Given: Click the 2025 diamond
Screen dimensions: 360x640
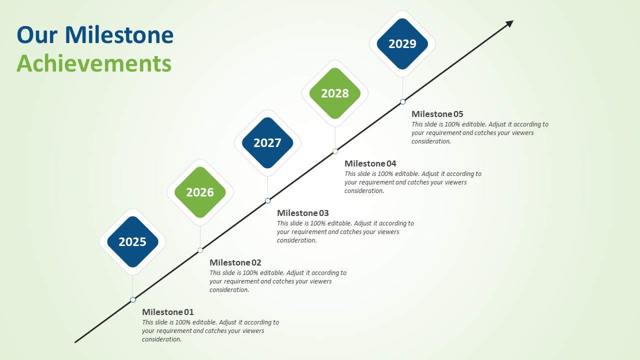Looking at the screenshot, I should (x=132, y=242).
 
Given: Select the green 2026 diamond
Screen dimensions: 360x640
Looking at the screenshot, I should (x=200, y=192).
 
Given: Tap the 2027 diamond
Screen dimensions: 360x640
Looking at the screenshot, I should (x=267, y=143).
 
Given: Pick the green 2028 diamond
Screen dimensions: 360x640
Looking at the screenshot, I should (x=335, y=93).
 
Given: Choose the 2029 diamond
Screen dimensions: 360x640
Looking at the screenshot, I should (x=402, y=44).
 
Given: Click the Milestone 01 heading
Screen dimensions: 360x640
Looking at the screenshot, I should (x=167, y=312).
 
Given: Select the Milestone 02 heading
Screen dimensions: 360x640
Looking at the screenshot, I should (x=235, y=262).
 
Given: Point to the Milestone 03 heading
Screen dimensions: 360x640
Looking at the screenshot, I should (x=302, y=213).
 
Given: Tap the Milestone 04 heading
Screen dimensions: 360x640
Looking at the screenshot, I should (x=370, y=163).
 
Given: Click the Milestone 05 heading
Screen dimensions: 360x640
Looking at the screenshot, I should (x=437, y=114).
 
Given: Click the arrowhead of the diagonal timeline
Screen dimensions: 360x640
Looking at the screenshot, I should (x=509, y=23).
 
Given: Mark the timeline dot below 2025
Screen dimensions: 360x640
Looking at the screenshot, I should (x=133, y=300).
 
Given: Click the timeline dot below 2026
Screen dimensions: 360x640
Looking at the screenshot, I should (x=200, y=250).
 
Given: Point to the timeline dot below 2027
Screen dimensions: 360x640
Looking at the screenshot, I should (x=267, y=200).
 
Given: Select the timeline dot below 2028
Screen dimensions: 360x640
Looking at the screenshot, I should (x=335, y=151).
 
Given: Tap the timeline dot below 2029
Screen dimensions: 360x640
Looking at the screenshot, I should (x=402, y=101).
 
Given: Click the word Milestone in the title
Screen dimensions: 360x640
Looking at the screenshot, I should (x=119, y=35).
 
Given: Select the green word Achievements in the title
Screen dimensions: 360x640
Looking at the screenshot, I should (x=94, y=64).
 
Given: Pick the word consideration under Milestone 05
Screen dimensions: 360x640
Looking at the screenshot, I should (x=431, y=141).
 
